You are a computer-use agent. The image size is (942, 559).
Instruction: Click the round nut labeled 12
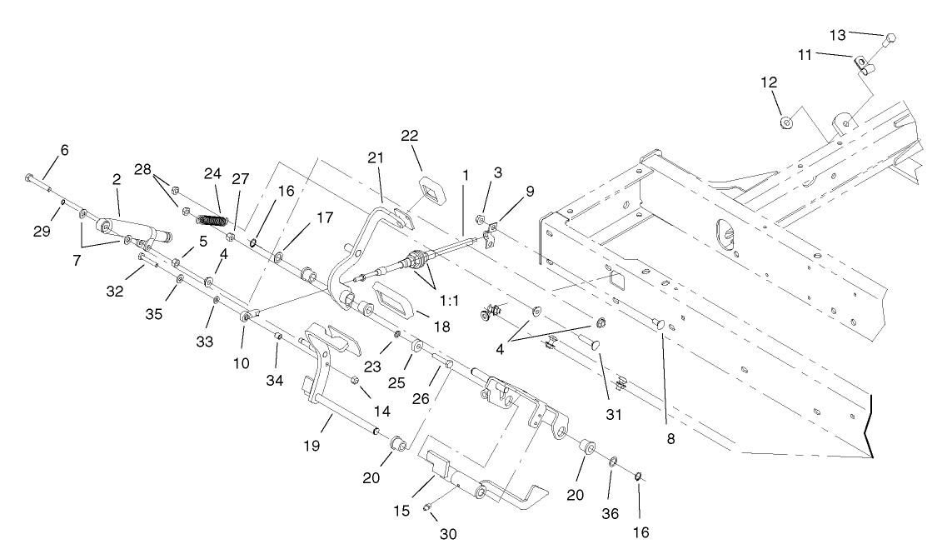click(786, 123)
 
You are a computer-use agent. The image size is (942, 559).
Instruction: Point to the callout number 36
click(611, 514)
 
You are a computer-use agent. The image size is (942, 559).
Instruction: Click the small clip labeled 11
click(860, 62)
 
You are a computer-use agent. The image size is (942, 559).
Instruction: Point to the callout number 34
click(274, 381)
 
